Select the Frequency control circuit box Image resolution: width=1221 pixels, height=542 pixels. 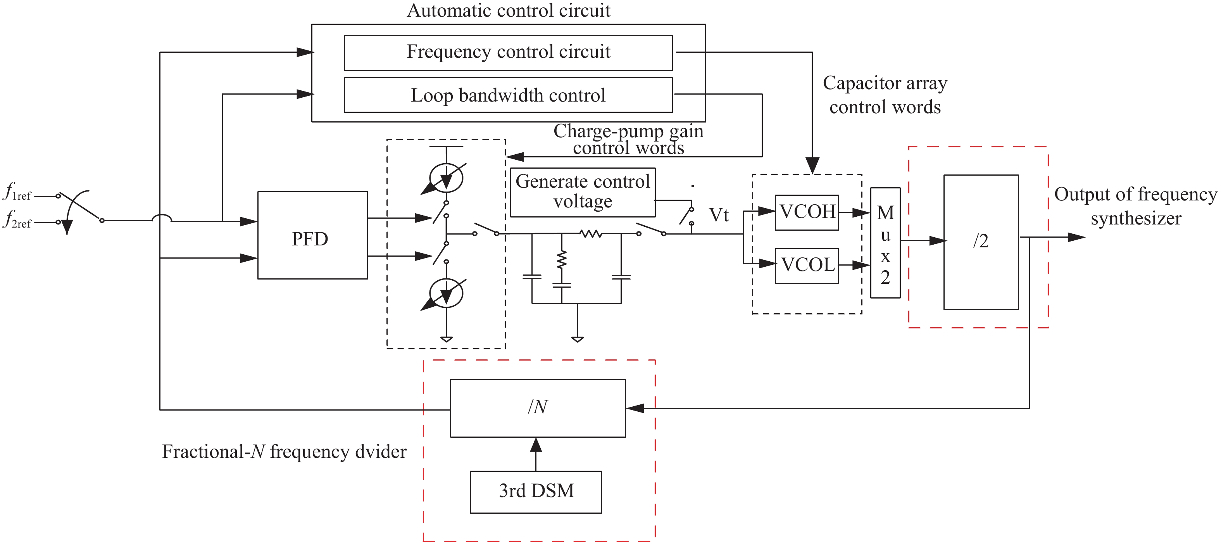pyautogui.click(x=508, y=53)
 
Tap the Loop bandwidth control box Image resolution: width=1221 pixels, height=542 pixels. pyautogui.click(x=508, y=95)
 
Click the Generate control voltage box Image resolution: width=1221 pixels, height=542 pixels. pyautogui.click(x=583, y=192)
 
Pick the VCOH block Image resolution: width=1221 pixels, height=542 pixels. pyautogui.click(x=807, y=212)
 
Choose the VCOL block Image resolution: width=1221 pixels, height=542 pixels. pyautogui.click(x=807, y=266)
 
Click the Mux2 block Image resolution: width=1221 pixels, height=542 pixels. pyautogui.click(x=885, y=243)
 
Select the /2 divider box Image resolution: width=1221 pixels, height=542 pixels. pyautogui.click(x=981, y=242)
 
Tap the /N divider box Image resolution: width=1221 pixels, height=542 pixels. pyautogui.click(x=538, y=407)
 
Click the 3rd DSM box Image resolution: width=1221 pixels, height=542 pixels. pyautogui.click(x=536, y=491)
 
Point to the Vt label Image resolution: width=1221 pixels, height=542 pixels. pyautogui.click(x=719, y=215)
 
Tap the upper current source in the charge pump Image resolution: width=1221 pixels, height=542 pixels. pyautogui.click(x=446, y=178)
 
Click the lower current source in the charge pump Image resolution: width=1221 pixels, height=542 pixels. pyautogui.click(x=446, y=293)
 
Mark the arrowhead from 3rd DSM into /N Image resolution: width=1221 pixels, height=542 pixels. pyautogui.click(x=536, y=444)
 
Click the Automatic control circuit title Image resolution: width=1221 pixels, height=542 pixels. pyautogui.click(x=508, y=10)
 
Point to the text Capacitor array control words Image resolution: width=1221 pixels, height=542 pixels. pyautogui.click(x=885, y=95)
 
